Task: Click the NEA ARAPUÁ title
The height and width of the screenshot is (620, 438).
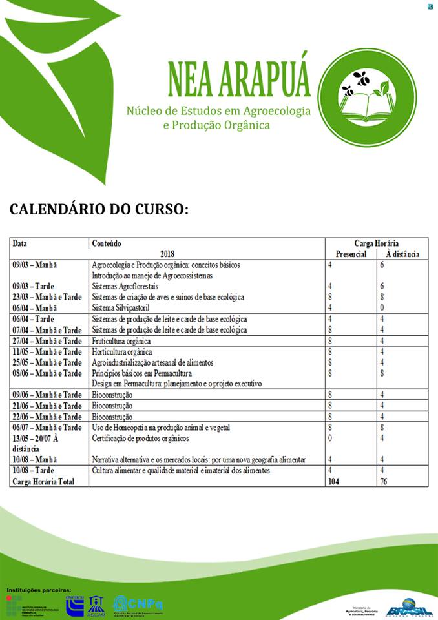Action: coord(238,78)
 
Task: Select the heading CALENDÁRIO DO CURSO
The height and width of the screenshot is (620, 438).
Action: coord(99,210)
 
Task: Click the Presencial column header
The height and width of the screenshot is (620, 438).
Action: coord(347,254)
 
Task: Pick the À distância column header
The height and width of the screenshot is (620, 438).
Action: coord(402,254)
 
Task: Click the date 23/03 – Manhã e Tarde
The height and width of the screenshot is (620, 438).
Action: coord(47,297)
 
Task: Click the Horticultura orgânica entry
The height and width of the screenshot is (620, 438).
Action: coord(122,352)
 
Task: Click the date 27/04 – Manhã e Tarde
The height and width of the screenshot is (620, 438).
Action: coord(47,341)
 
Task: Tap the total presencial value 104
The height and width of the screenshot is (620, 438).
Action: coord(334,482)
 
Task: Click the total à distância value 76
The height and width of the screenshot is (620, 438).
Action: coord(384,482)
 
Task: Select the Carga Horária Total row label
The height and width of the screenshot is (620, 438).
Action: coord(43,482)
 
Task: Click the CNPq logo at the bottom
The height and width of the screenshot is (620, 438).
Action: coord(138,605)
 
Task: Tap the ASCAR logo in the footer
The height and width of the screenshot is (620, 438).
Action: coord(96,606)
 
